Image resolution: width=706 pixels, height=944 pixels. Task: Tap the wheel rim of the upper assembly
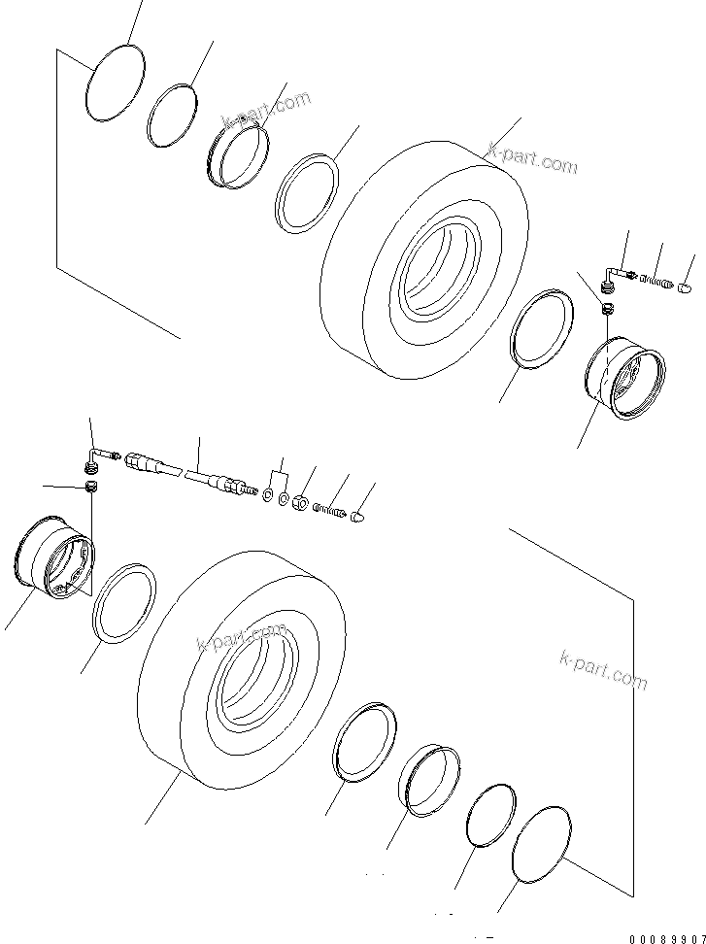627,378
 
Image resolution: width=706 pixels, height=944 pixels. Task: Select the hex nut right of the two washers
301,503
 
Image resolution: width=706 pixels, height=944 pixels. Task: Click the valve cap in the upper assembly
683,287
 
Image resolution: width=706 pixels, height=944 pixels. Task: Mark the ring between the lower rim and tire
124,603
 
